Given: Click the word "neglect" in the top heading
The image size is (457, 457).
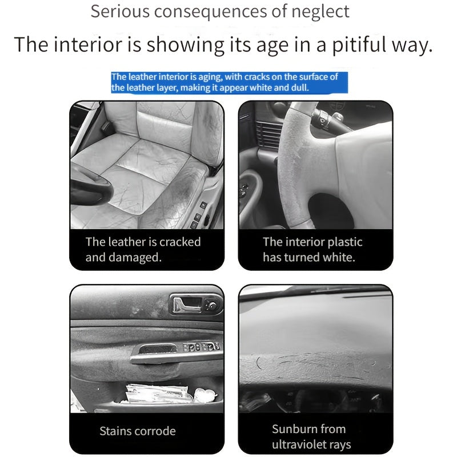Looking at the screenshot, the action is click(320, 11).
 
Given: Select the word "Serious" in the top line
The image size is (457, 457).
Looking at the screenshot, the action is click(120, 11).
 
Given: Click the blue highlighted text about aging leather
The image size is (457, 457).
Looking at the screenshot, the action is click(230, 82).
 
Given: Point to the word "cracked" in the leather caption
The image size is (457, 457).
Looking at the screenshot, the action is click(180, 242).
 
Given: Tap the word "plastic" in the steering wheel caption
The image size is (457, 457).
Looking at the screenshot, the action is click(345, 242).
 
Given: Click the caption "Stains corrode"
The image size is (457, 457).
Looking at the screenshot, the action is click(138, 431).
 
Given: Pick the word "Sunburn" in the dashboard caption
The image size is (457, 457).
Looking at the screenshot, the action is click(292, 429).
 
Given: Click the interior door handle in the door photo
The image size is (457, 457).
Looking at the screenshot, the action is click(187, 305).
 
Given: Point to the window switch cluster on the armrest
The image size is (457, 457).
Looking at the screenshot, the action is click(201, 347).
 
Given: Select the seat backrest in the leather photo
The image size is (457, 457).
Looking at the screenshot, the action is click(163, 122).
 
